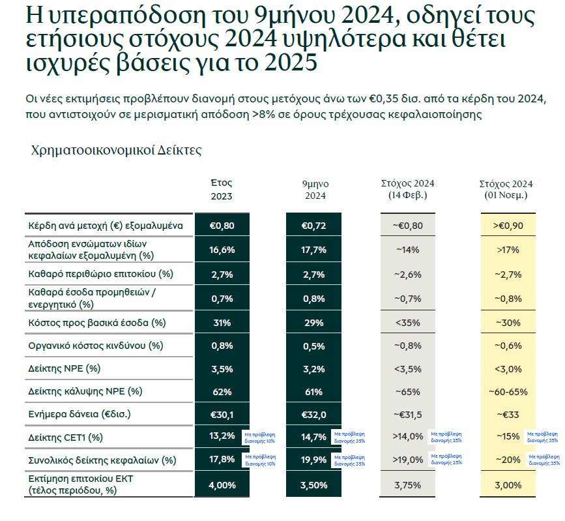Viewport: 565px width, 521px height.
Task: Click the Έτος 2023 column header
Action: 221,189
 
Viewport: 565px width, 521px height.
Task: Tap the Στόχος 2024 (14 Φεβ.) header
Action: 407,189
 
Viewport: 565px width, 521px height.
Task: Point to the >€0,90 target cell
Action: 508,226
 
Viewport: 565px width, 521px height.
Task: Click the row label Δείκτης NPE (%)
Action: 65,368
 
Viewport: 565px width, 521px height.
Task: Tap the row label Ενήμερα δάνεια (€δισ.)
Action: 74,414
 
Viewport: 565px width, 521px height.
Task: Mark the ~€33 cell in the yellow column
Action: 508,414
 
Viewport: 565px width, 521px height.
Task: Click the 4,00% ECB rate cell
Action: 222,485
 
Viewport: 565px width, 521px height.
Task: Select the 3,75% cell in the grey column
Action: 407,485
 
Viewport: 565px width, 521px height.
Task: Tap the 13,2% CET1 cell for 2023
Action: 222,436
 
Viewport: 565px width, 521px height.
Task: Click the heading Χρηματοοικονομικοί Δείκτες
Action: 117,151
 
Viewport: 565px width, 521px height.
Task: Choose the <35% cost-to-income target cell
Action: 407,323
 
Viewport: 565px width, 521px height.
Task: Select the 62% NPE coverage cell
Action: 222,391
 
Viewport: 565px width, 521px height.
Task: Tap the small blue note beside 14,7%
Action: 349,437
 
